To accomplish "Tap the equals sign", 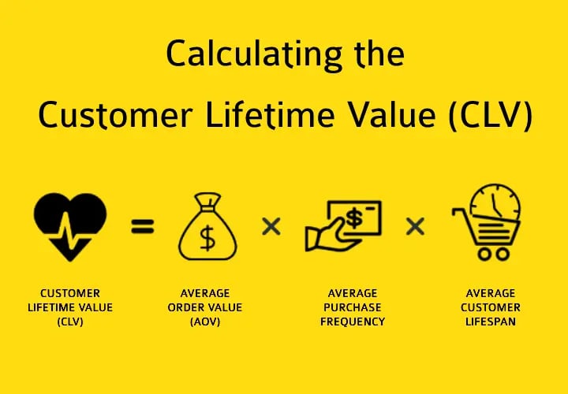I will [143, 228].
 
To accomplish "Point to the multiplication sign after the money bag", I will [271, 228].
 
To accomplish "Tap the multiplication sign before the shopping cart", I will [416, 228].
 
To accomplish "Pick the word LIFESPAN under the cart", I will [491, 322].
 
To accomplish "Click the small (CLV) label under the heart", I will [70, 322].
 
